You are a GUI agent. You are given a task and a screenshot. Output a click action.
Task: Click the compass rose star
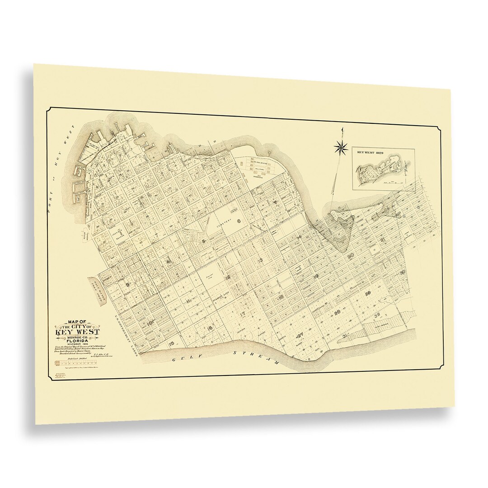[x=341, y=146]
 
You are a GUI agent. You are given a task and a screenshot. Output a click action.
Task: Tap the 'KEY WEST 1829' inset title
[x=370, y=153]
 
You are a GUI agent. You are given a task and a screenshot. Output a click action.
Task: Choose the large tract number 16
[x=210, y=328]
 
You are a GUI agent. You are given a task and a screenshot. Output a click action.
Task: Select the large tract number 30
[x=403, y=272]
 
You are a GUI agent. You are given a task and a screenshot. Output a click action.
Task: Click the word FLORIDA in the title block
[x=75, y=342]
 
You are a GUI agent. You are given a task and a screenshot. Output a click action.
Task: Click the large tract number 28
[x=337, y=312]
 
